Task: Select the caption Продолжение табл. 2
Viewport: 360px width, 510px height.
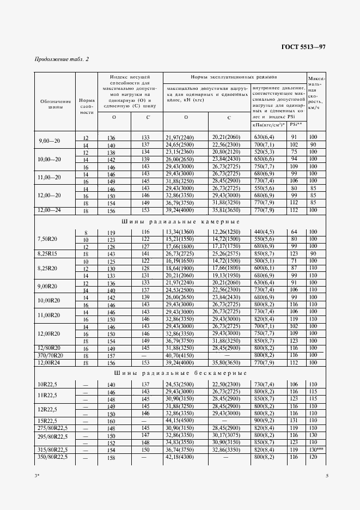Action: click(x=62, y=59)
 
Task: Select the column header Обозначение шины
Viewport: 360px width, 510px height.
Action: click(x=56, y=104)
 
